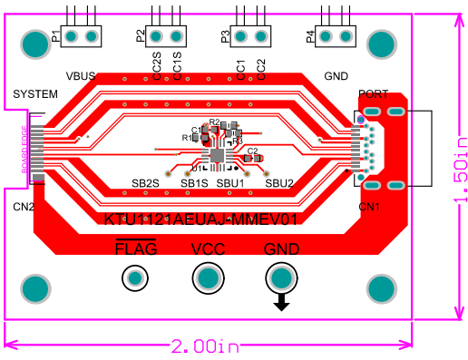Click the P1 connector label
pyautogui.click(x=56, y=37)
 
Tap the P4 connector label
pyautogui.click(x=311, y=37)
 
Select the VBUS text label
pyautogui.click(x=81, y=76)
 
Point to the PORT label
pyautogui.click(x=374, y=94)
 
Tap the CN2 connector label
pyautogui.click(x=24, y=208)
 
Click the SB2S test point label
pyautogui.click(x=145, y=184)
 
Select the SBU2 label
pyautogui.click(x=279, y=184)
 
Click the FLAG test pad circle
pyautogui.click(x=136, y=277)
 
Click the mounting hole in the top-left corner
pyautogui.click(x=34, y=42)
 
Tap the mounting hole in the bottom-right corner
pyautogui.click(x=382, y=288)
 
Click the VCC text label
pyautogui.click(x=208, y=248)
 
